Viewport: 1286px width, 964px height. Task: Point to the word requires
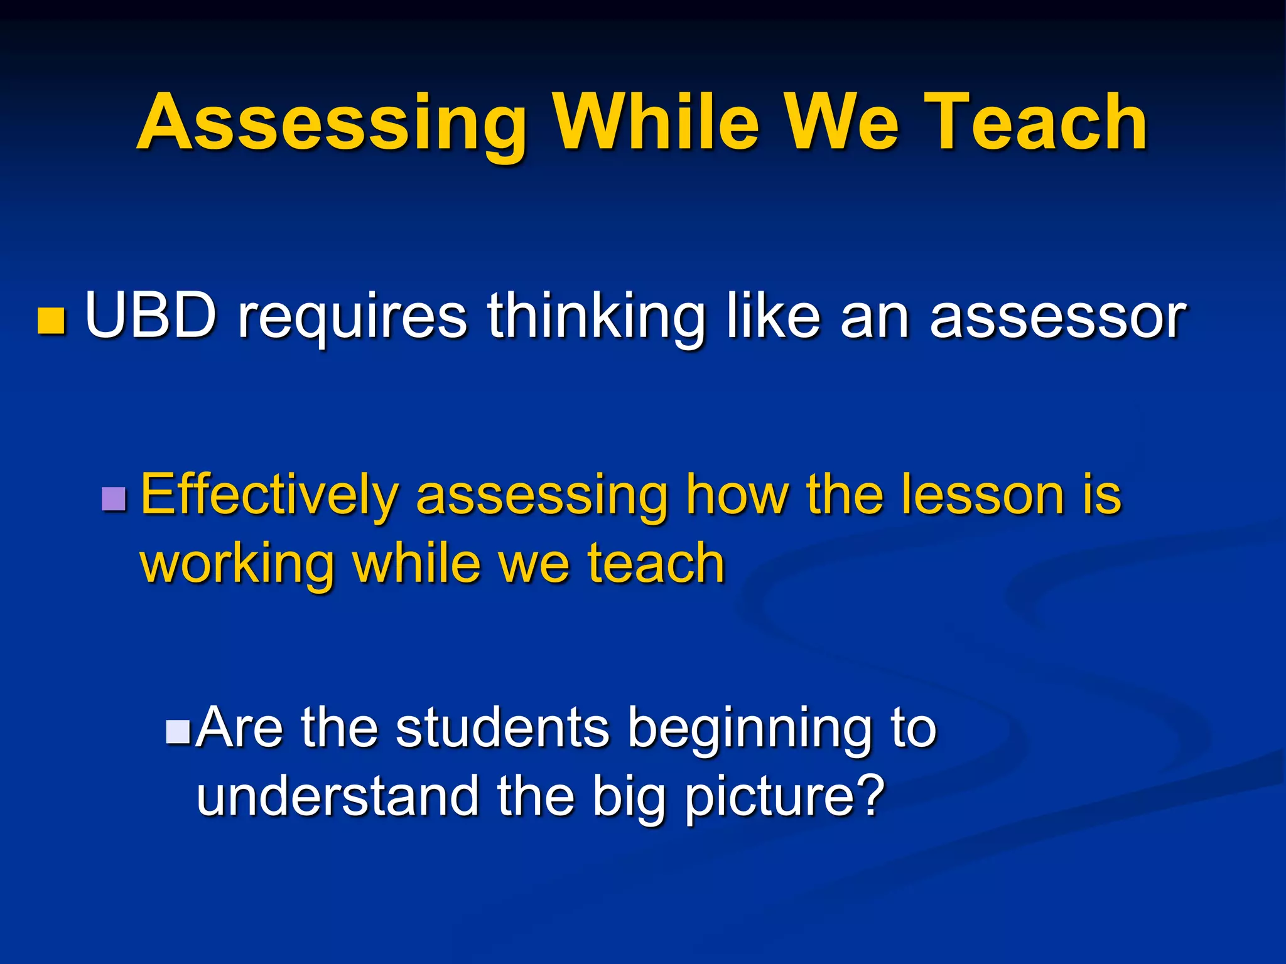point(352,318)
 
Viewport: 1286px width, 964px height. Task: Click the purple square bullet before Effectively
point(114,500)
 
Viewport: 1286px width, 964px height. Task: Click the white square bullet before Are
point(178,731)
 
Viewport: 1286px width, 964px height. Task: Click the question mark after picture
point(870,795)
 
